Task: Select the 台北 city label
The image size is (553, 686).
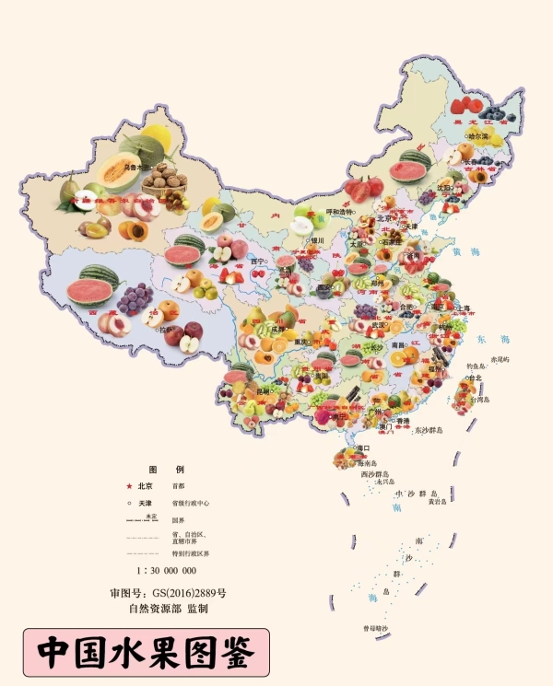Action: pos(475,378)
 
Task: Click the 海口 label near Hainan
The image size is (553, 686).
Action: pos(360,448)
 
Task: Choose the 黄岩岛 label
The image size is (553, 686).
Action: pos(437,502)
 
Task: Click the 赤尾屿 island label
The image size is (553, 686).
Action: pos(506,359)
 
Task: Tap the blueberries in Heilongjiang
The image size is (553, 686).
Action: pos(498,115)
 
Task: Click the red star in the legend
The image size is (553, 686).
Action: pos(129,486)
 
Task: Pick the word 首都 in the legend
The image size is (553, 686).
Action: pos(178,486)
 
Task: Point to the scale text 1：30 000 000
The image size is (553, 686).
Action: pos(166,571)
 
